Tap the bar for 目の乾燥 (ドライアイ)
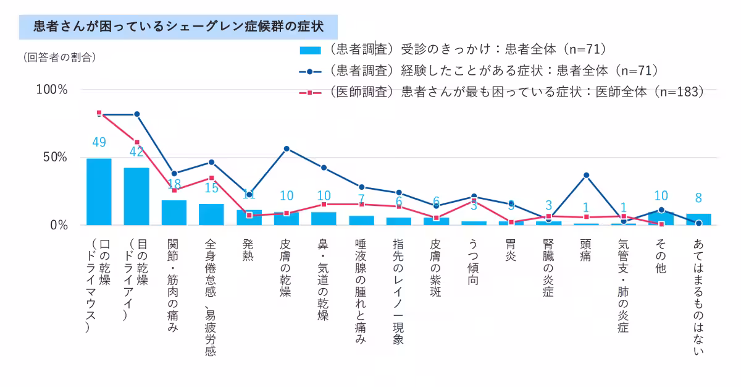pyautogui.click(x=136, y=196)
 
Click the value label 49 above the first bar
pyautogui.click(x=99, y=142)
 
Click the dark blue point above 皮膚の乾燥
pyautogui.click(x=287, y=148)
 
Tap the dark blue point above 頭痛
pyautogui.click(x=586, y=175)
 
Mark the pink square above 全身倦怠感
pyautogui.click(x=211, y=178)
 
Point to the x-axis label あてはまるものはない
pyautogui.click(x=698, y=296)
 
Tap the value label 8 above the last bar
pyautogui.click(x=698, y=198)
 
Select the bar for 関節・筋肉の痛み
pyautogui.click(x=174, y=212)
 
